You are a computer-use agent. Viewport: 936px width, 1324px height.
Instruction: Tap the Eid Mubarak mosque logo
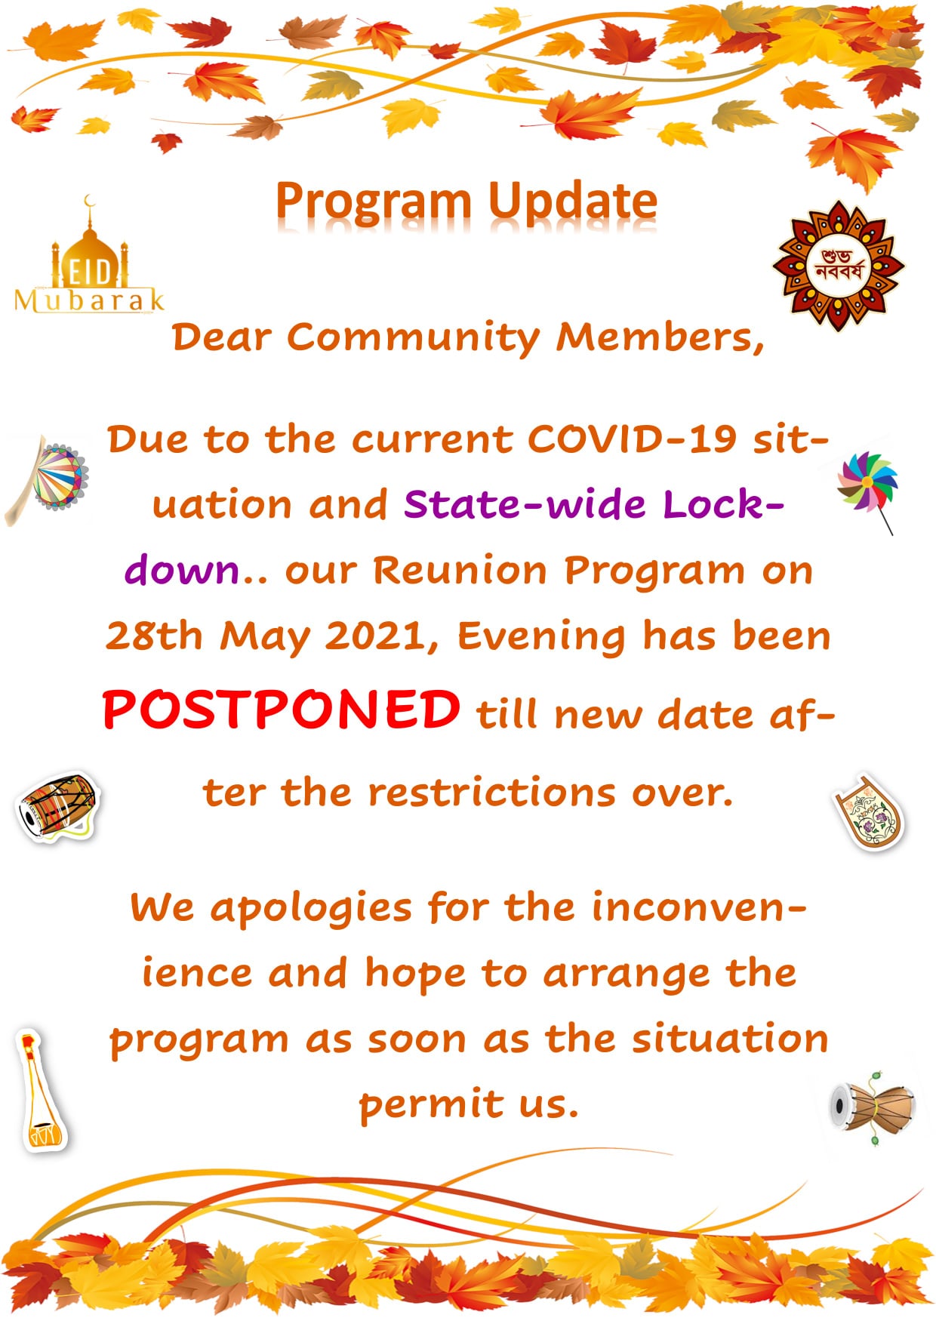pos(89,257)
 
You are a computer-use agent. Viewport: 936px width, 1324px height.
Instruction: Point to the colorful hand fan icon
pos(48,479)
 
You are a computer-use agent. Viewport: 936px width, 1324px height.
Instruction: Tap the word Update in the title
pos(572,202)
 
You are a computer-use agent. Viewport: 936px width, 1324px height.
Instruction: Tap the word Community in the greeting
pos(413,337)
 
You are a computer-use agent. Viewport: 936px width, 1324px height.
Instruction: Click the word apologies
pos(311,908)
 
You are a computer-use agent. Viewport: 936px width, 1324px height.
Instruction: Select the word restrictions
pos(492,793)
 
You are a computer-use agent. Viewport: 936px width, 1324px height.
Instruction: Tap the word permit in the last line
pos(431,1105)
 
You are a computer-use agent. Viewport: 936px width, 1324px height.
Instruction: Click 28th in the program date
pos(154,636)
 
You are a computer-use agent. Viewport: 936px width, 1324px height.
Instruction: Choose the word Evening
pos(541,637)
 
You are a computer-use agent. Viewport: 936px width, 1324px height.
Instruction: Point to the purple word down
pos(182,570)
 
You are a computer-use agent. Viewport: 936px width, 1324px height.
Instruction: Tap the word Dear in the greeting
pos(221,337)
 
